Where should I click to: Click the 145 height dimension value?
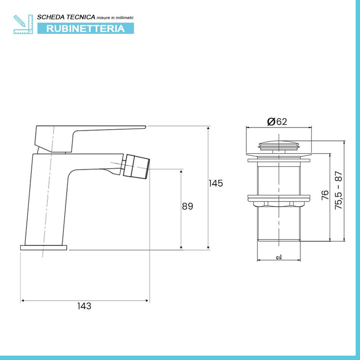[216, 183]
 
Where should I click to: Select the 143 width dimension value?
[84, 305]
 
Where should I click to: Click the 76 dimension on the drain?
[325, 195]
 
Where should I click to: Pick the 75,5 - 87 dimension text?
[338, 190]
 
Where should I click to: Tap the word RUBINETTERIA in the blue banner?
[85, 29]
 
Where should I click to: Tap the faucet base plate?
[44, 247]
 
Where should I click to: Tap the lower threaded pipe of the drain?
[278, 224]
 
